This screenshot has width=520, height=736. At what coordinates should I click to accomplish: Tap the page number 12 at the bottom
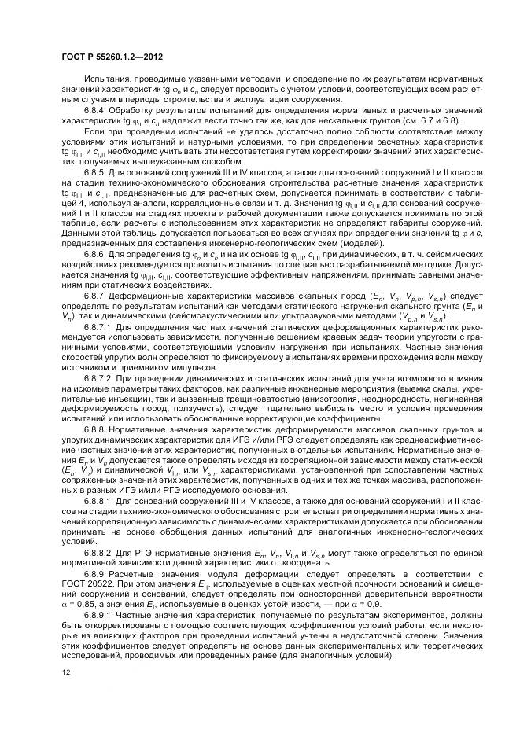coord(65,672)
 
